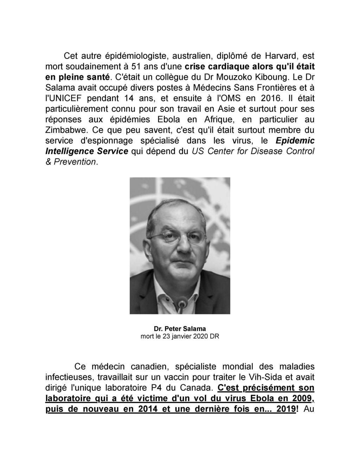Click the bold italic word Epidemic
[x=295, y=141]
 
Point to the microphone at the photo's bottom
[x=182, y=306]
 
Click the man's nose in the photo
[x=180, y=254]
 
